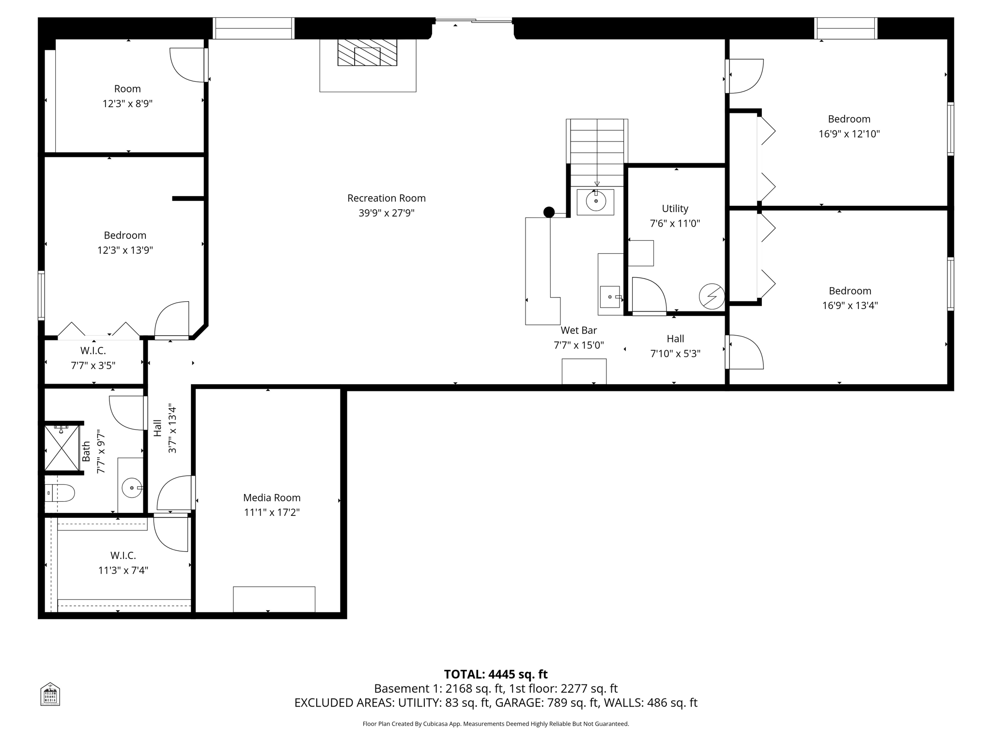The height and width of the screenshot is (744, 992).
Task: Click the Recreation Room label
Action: click(386, 198)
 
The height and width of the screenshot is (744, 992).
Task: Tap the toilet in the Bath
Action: click(60, 493)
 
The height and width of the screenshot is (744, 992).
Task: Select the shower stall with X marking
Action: click(62, 448)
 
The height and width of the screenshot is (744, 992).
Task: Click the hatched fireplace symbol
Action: click(367, 53)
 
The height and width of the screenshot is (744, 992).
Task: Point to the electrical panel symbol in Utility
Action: click(712, 296)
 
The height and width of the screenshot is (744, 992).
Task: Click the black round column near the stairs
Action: click(549, 212)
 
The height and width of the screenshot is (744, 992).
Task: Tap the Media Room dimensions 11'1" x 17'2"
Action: click(272, 512)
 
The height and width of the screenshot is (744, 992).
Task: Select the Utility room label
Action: click(675, 209)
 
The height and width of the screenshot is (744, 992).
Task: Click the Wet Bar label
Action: click(578, 330)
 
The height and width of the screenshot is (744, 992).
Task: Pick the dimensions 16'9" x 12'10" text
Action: click(849, 134)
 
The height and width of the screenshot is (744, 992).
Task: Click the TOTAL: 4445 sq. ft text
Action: click(496, 674)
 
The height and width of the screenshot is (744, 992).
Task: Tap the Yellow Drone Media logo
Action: click(50, 694)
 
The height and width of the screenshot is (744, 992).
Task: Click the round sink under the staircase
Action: click(595, 201)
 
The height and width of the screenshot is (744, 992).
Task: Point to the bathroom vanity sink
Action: click(131, 488)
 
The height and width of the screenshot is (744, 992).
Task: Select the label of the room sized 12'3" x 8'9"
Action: click(127, 89)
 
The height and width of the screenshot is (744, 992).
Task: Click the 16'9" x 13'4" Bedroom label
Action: click(850, 291)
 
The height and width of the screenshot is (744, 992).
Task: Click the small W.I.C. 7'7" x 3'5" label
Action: click(93, 351)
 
